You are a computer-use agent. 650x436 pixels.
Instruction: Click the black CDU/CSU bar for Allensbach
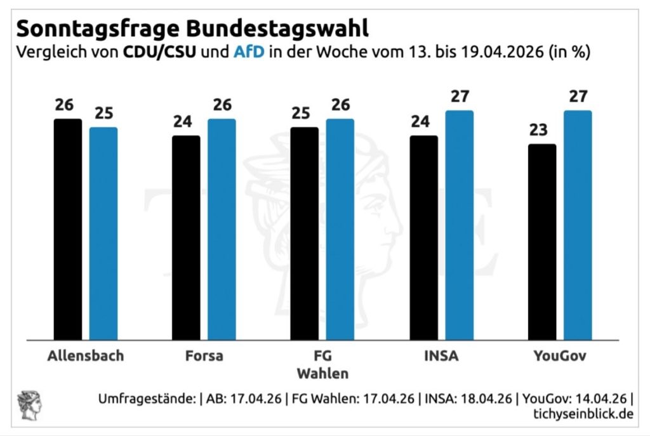(x=68, y=229)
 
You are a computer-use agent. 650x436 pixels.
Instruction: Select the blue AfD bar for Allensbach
(x=103, y=234)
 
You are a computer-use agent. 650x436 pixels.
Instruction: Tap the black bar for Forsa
(x=186, y=237)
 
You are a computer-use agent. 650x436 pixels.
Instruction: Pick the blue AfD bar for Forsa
(x=222, y=229)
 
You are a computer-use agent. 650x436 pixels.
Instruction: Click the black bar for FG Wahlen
(x=305, y=234)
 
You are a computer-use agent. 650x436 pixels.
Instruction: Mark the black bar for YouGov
(x=542, y=242)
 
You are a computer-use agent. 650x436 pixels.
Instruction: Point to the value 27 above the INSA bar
(x=459, y=96)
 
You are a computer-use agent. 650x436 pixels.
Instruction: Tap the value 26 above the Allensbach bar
(x=64, y=105)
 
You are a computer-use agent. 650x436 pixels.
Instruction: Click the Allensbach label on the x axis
(x=86, y=355)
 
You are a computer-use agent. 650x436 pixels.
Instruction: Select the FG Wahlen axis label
(x=322, y=363)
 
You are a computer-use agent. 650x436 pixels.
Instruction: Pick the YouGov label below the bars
(x=560, y=355)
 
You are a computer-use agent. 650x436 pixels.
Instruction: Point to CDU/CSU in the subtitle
(x=159, y=52)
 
